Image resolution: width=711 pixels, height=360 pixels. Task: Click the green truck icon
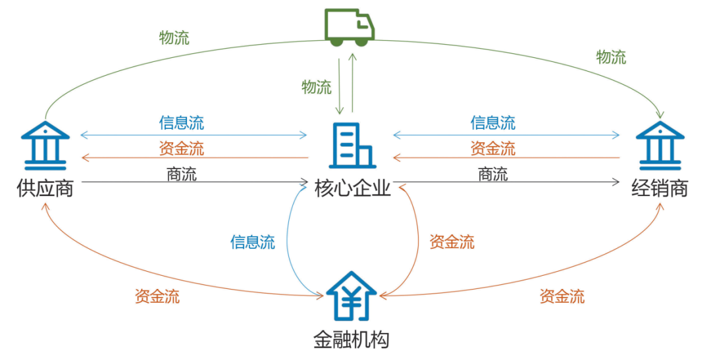pyautogui.click(x=350, y=28)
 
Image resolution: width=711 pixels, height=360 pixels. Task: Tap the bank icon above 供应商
pyautogui.click(x=45, y=144)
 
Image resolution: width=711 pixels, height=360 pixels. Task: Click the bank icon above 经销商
pyautogui.click(x=660, y=144)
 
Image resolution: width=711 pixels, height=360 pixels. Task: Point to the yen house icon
pyautogui.click(x=352, y=296)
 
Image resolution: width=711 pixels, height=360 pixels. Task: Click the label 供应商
pyautogui.click(x=45, y=189)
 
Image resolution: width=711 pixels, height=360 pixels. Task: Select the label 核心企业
pyautogui.click(x=354, y=189)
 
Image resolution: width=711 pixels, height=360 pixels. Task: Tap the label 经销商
pyautogui.click(x=660, y=189)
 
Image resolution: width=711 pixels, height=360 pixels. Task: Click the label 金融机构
pyautogui.click(x=352, y=340)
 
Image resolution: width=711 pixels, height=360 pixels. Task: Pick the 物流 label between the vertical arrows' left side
pyautogui.click(x=317, y=87)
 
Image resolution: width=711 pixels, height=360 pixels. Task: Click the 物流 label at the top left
pyautogui.click(x=174, y=38)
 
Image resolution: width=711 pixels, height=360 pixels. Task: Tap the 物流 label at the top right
pyautogui.click(x=611, y=57)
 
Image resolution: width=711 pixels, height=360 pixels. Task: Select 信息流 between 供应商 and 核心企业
pyautogui.click(x=182, y=122)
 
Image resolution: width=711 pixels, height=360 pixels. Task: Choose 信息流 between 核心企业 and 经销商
pyautogui.click(x=493, y=122)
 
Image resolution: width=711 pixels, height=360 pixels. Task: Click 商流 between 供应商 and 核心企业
pyautogui.click(x=182, y=174)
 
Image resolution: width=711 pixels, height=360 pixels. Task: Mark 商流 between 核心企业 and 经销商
pyautogui.click(x=493, y=174)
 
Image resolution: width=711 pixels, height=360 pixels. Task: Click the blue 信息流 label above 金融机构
pyautogui.click(x=253, y=242)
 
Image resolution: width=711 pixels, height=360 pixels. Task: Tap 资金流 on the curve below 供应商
pyautogui.click(x=157, y=296)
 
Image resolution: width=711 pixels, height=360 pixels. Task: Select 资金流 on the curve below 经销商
pyautogui.click(x=562, y=296)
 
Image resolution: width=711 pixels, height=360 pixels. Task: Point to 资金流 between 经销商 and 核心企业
pyautogui.click(x=493, y=148)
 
